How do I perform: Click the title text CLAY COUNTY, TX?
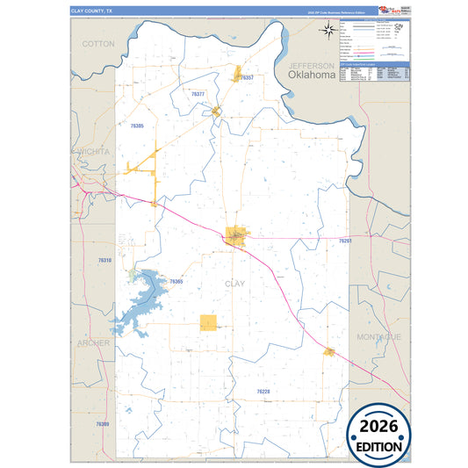pyautogui.click(x=91, y=11)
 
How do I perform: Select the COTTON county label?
pyautogui.click(x=98, y=43)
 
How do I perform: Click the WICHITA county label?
pyautogui.click(x=90, y=151)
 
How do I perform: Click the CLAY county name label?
pyautogui.click(x=235, y=284)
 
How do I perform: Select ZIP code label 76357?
pyautogui.click(x=248, y=78)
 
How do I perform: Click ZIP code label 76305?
pyautogui.click(x=137, y=126)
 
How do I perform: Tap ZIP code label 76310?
pyautogui.click(x=105, y=261)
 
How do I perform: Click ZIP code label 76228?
pyautogui.click(x=263, y=391)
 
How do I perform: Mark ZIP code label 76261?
pyautogui.click(x=345, y=240)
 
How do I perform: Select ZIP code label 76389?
pyautogui.click(x=104, y=424)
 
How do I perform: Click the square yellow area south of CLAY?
pyautogui.click(x=208, y=322)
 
